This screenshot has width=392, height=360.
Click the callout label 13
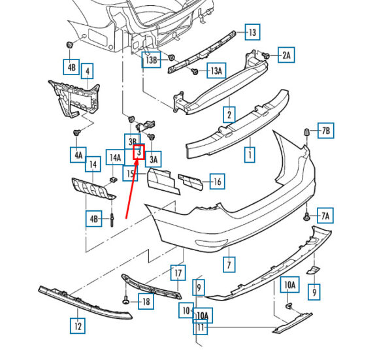pos(252,32)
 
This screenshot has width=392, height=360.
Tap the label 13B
pos(152,60)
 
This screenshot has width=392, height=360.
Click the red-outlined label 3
pos(139,152)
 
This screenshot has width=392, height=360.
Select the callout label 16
pos(217,182)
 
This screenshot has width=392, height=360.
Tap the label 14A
pos(115,157)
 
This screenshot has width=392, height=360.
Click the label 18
pos(145,301)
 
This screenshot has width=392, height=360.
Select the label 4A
pos(78,155)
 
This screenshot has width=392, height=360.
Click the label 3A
pos(154,157)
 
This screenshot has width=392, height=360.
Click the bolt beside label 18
pos(125,301)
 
